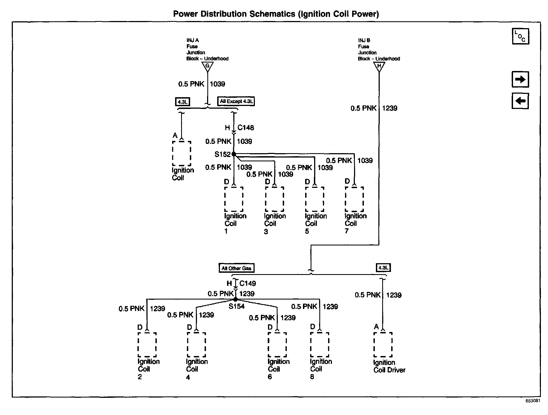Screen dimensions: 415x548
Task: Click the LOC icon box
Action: pyautogui.click(x=520, y=36)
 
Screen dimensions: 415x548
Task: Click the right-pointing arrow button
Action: pyautogui.click(x=520, y=79)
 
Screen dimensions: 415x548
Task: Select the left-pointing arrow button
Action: pyautogui.click(x=520, y=101)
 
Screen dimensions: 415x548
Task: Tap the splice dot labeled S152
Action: pyautogui.click(x=234, y=154)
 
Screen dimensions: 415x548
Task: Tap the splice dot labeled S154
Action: pyautogui.click(x=235, y=300)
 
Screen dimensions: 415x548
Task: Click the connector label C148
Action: pyautogui.click(x=246, y=128)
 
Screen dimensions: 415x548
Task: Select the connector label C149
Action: pyautogui.click(x=248, y=283)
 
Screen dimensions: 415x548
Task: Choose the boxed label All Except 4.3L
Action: pyautogui.click(x=236, y=101)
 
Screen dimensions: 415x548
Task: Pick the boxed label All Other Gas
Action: pyautogui.click(x=236, y=268)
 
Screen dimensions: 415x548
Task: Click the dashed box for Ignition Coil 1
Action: pyautogui.click(x=234, y=199)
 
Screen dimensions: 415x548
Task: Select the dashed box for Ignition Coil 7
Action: pyautogui.click(x=354, y=199)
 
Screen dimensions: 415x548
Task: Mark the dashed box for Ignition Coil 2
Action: pyautogui.click(x=147, y=345)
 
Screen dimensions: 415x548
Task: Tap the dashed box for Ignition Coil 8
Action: pyautogui.click(x=320, y=345)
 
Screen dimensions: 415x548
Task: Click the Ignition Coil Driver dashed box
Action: pyautogui.click(x=383, y=345)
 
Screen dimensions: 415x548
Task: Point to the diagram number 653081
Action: pyautogui.click(x=533, y=401)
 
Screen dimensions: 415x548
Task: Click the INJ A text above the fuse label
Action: pyautogui.click(x=193, y=40)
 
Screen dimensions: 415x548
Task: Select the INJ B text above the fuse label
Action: pyautogui.click(x=364, y=40)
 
